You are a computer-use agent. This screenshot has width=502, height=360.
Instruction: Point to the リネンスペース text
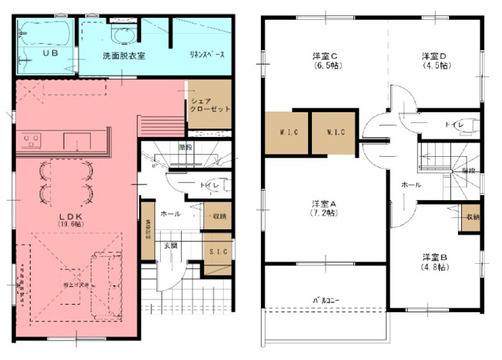click(x=206, y=56)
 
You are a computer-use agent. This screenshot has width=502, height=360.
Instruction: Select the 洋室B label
click(x=435, y=257)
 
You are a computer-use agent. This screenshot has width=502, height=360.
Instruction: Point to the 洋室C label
click(x=326, y=56)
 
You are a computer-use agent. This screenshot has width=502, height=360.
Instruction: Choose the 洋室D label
click(x=435, y=56)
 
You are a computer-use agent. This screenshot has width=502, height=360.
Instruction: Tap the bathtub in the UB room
click(x=46, y=35)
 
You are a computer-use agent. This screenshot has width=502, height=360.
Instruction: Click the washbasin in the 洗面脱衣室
click(x=122, y=35)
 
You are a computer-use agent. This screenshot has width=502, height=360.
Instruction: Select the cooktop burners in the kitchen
click(x=32, y=141)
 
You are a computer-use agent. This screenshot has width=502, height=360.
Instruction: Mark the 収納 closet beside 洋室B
click(x=471, y=217)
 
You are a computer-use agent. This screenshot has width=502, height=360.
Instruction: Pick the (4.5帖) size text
click(x=435, y=66)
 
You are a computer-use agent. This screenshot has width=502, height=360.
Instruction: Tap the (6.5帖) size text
click(x=326, y=66)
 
